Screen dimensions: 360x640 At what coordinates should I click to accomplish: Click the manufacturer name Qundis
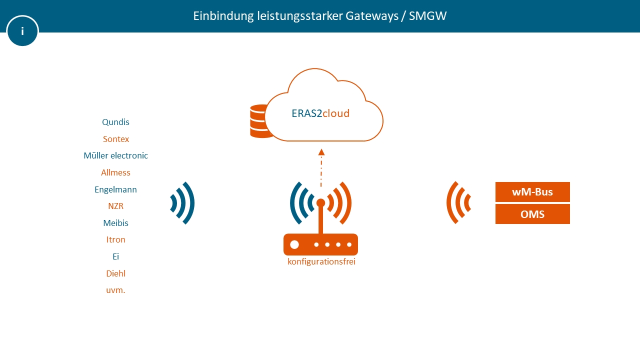coord(115,122)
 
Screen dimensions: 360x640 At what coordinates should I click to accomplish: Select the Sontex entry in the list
coord(116,139)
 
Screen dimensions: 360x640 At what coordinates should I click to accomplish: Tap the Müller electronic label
coord(115,155)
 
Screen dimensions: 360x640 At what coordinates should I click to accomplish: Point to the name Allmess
coord(115,172)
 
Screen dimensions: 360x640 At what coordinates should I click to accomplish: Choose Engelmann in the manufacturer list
coord(115,189)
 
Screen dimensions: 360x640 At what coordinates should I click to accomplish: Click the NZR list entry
coord(115,206)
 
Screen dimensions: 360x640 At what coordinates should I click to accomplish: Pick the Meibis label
coord(115,223)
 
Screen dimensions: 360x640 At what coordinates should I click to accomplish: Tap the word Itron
coord(115,239)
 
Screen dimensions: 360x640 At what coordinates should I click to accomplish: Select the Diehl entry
coord(115,273)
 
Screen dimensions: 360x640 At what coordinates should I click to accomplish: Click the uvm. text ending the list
coord(115,290)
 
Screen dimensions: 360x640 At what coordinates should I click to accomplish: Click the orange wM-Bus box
coord(532,192)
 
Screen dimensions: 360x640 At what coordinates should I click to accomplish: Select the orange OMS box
coord(532,214)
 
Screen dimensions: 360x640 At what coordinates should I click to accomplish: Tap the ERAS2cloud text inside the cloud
coord(320,113)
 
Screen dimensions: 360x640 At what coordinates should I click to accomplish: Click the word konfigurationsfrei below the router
coord(321,261)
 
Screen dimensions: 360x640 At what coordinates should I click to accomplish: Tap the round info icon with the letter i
coord(22,31)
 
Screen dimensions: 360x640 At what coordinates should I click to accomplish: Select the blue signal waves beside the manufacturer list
coord(182,203)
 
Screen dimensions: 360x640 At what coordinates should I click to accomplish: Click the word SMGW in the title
coord(427,16)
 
